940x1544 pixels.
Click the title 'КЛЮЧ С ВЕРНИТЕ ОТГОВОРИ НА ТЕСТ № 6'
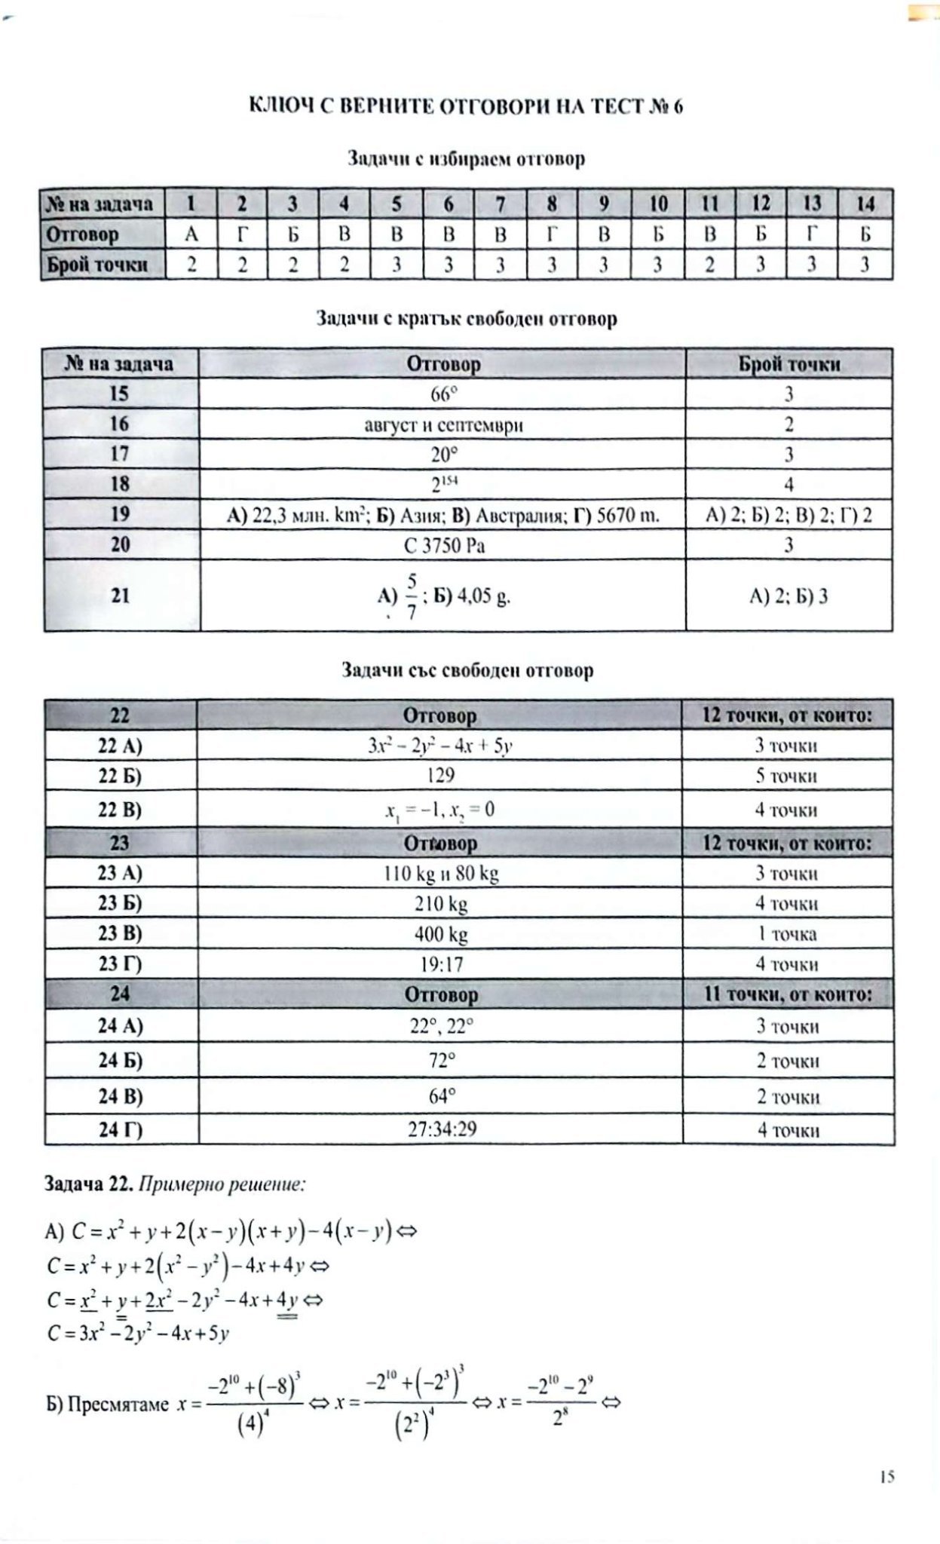[x=466, y=107]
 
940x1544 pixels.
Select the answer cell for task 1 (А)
[x=191, y=234]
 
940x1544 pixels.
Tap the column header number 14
[x=865, y=204]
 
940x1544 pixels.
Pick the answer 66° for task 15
[x=443, y=394]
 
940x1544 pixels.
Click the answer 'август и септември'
[x=443, y=424]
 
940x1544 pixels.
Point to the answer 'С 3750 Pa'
[x=443, y=545]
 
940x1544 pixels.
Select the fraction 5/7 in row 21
[x=412, y=596]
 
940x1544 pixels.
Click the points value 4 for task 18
[x=788, y=485]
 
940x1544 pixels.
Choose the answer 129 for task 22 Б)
[x=441, y=776]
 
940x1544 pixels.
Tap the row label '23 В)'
[x=121, y=933]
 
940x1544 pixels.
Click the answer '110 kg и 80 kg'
[x=441, y=874]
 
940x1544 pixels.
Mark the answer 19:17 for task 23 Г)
[x=441, y=964]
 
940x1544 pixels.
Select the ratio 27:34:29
[x=441, y=1129]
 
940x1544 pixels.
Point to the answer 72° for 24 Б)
[x=441, y=1061]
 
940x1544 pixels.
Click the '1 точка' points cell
[x=786, y=934]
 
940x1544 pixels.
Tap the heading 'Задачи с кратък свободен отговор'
[x=466, y=319]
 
